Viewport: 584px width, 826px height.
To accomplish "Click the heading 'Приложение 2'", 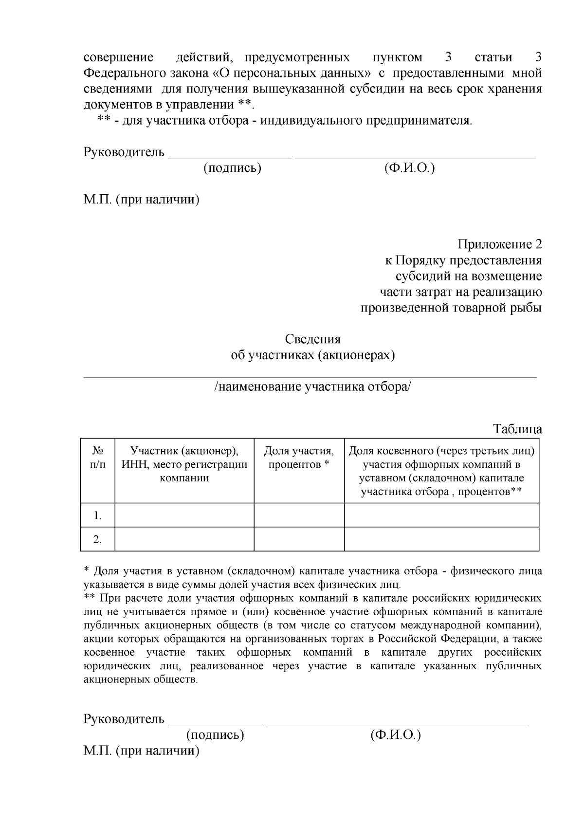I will point(499,244).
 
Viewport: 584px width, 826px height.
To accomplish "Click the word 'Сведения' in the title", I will point(312,339).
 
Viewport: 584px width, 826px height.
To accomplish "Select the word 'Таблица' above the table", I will point(517,429).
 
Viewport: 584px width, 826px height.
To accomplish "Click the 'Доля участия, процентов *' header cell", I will point(299,458).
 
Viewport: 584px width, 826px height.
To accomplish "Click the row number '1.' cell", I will point(98,515).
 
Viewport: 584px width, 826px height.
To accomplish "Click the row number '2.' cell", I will point(98,539).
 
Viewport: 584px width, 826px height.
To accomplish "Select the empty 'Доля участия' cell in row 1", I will point(299,515).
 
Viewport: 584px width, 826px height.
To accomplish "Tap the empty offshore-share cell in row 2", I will point(441,539).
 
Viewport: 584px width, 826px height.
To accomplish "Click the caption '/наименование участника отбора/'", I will point(312,387).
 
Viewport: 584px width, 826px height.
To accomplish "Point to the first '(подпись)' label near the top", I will point(232,168).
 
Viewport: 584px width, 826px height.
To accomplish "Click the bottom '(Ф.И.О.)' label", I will point(395,734).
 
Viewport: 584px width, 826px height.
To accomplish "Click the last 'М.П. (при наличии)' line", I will point(142,751).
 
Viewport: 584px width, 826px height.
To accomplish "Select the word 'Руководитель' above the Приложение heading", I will point(124,152).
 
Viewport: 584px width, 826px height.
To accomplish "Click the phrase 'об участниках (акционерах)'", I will point(312,355).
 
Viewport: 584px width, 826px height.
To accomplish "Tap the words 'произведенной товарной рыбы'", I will point(451,309).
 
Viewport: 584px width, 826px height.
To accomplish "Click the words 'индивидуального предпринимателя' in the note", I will point(365,120).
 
